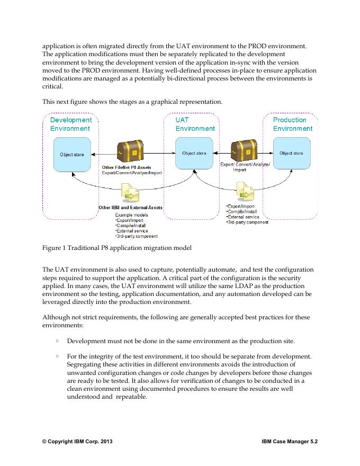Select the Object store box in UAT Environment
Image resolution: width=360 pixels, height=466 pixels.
pos(194,154)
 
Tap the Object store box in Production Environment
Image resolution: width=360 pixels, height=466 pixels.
pos(291,154)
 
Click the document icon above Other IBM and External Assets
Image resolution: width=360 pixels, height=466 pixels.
pos(130,193)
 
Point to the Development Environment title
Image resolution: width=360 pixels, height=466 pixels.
pos(70,124)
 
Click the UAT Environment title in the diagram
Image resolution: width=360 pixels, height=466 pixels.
pos(195,124)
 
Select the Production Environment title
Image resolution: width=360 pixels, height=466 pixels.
pos(292,124)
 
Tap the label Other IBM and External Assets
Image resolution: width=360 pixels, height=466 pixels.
pos(131,208)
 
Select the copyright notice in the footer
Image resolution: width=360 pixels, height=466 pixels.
pos(77,441)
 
